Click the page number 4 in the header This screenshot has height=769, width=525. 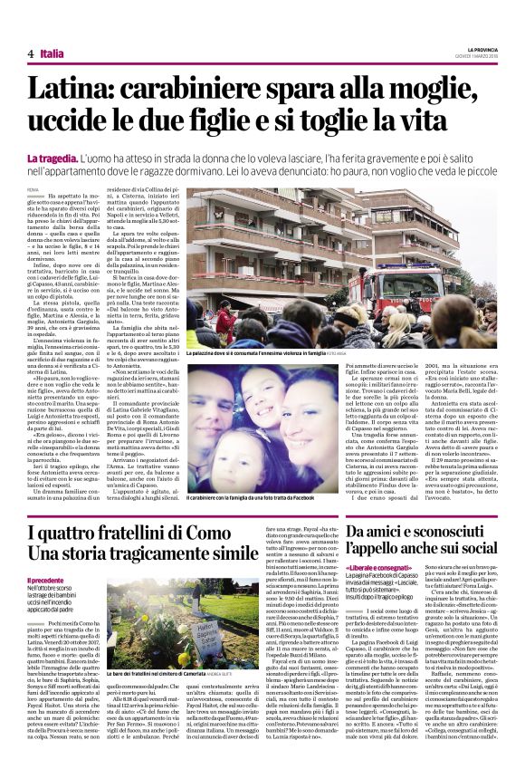tap(31, 54)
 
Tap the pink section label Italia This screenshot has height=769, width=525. tap(52, 54)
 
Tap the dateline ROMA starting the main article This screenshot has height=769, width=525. tap(34, 188)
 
